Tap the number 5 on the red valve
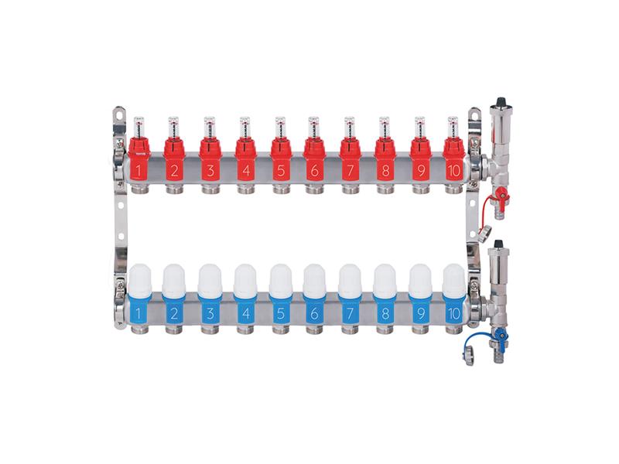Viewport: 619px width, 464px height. (x=279, y=170)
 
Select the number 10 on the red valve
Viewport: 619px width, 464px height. (x=454, y=170)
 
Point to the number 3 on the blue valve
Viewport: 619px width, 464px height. (x=209, y=314)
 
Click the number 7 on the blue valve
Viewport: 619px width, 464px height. (x=350, y=314)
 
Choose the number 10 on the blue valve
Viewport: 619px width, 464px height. (x=454, y=314)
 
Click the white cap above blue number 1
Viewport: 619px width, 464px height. (x=140, y=278)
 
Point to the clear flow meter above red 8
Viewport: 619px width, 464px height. (x=384, y=126)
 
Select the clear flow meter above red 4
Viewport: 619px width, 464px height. (x=244, y=126)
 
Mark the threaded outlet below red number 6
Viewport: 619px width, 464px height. (x=314, y=188)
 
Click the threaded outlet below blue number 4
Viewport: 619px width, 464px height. (x=245, y=330)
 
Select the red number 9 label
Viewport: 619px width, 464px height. (x=419, y=170)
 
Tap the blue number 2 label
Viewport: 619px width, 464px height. (x=174, y=314)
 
